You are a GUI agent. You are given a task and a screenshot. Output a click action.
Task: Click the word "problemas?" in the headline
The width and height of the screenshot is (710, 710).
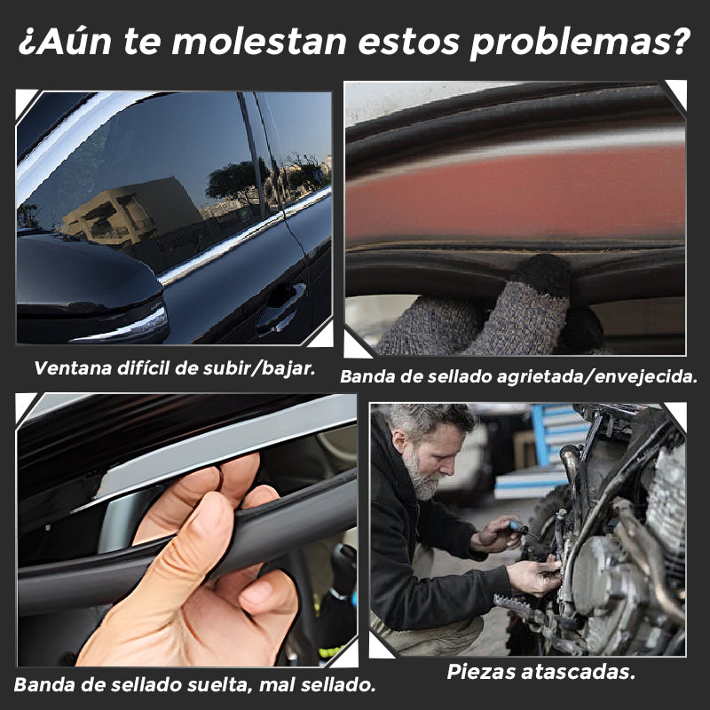pyautogui.click(x=580, y=42)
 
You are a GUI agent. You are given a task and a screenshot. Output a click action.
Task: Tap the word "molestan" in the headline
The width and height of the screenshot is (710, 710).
pyautogui.click(x=259, y=42)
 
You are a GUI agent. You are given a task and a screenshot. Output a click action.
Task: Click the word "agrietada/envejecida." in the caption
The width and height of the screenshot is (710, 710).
pyautogui.click(x=596, y=376)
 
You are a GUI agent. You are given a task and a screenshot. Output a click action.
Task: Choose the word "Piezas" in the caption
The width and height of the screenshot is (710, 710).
pyautogui.click(x=481, y=672)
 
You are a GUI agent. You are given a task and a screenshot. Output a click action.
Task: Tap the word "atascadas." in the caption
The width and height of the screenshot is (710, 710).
pyautogui.click(x=579, y=672)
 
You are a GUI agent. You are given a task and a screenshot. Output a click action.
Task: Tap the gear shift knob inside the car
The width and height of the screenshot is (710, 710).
pyautogui.click(x=345, y=566)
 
